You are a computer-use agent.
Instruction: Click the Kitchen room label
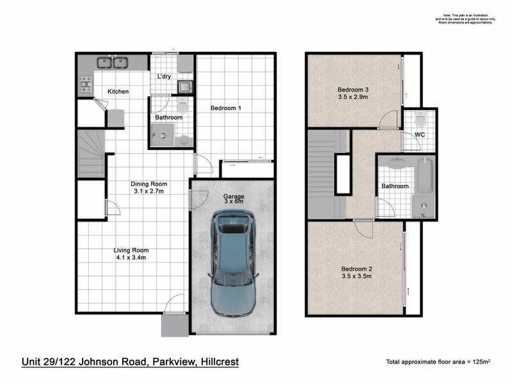click(118, 92)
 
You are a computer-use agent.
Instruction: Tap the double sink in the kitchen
click(113, 63)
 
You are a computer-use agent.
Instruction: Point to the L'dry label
click(164, 77)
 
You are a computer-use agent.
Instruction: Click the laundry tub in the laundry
click(184, 86)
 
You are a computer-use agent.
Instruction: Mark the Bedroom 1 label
click(226, 108)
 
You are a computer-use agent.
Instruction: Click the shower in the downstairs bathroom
click(161, 135)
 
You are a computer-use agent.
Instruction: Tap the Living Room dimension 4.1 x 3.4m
click(131, 258)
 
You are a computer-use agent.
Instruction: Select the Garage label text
click(234, 196)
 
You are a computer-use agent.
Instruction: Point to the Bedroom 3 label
click(353, 89)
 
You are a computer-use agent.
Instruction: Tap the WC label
click(420, 134)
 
